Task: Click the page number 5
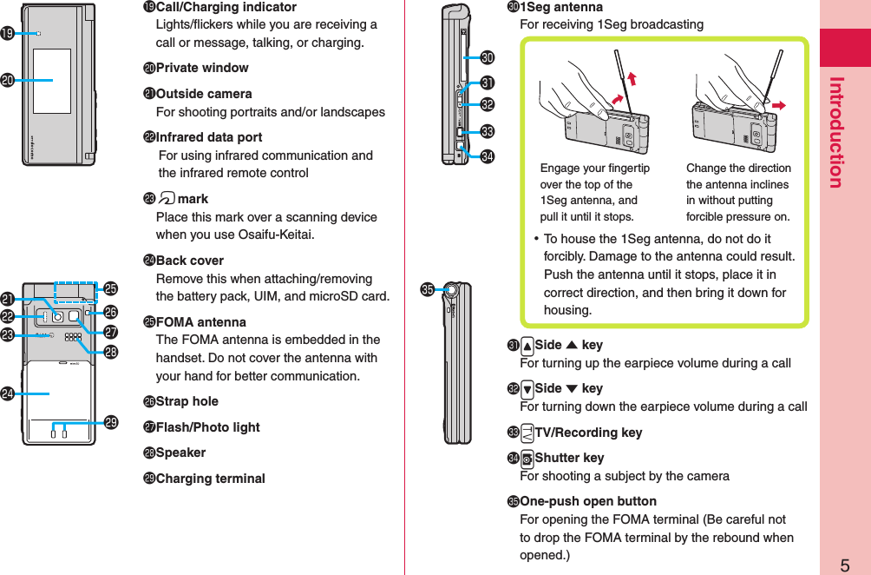coord(844,565)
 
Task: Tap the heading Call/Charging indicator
coord(226,7)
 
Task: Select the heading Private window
coord(201,68)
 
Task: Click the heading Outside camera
coord(204,94)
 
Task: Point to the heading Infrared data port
coord(208,137)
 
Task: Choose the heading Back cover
coord(189,261)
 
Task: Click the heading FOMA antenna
coord(200,322)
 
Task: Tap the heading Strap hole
coord(187,401)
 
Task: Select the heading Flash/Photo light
coord(207,427)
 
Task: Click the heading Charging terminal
coord(210,479)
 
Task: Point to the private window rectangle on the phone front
coord(52,80)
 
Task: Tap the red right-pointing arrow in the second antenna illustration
coord(778,105)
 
